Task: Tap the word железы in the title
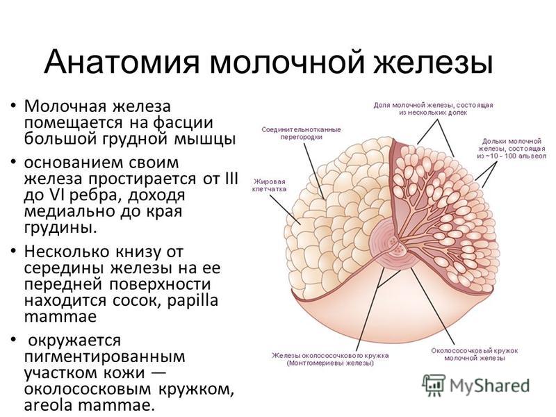pos(433,63)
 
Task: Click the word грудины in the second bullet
pos(60,228)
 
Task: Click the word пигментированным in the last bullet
pos(105,356)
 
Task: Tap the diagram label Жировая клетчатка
pos(269,185)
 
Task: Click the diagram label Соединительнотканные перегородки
pos(301,133)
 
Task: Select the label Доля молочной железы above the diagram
pos(433,109)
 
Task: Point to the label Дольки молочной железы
pos(512,149)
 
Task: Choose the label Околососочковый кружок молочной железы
pos(475,354)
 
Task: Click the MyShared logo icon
pos(434,386)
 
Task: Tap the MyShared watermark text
pos(489,386)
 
